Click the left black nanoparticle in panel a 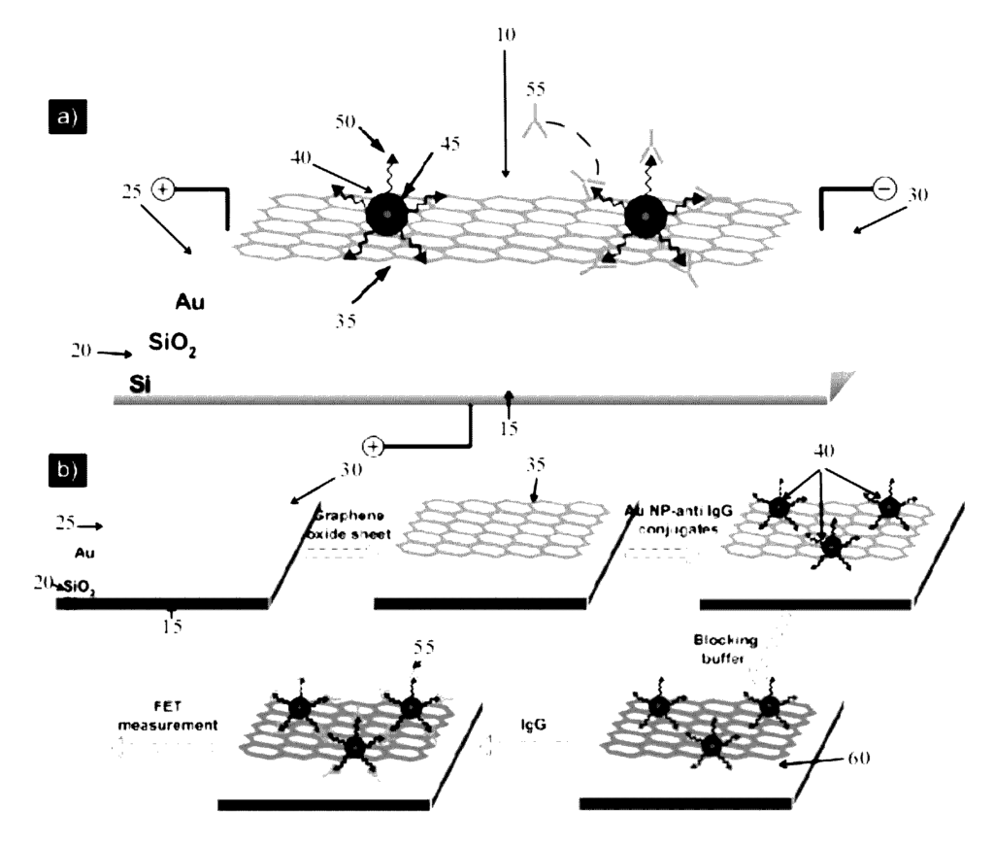click(386, 215)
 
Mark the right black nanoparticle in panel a click(642, 216)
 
